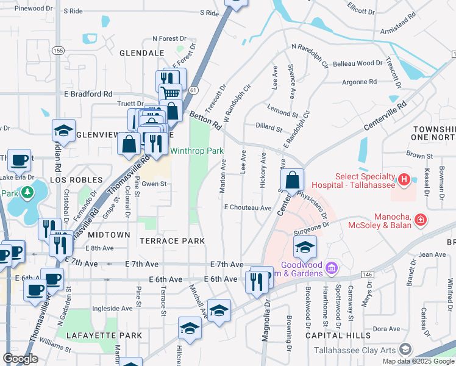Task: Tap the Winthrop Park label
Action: coord(196,151)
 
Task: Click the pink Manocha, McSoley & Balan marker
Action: coord(420,219)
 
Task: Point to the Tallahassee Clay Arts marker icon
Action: coord(404,350)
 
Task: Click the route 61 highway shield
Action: coord(193,90)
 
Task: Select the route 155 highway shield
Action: coord(57,51)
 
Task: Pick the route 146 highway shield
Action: coord(367,276)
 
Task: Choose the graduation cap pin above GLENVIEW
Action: coord(63,131)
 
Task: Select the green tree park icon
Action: coord(26,193)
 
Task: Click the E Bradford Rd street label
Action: coord(88,94)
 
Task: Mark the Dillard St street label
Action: coord(269,129)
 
